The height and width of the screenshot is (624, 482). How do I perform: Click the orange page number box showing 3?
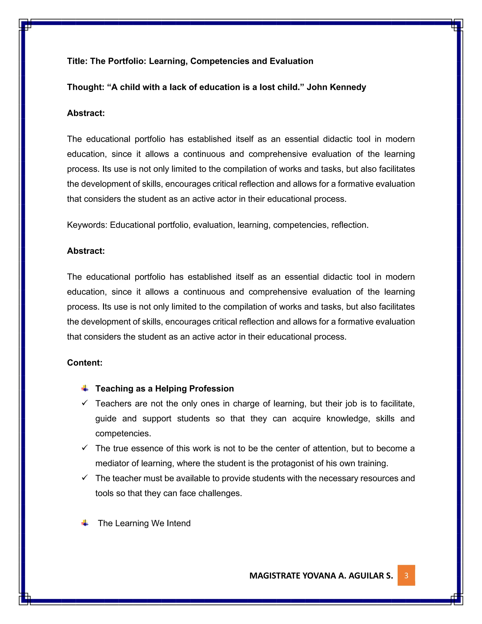(406, 575)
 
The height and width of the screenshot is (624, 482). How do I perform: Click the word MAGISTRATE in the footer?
(274, 575)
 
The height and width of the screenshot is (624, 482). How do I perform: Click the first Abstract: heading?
(86, 113)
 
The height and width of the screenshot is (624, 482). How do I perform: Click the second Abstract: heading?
(86, 251)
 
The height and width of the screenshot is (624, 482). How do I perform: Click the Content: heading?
(84, 363)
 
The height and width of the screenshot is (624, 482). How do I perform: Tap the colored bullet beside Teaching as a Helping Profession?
(85, 388)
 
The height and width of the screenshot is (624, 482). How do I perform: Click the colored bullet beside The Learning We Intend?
(85, 523)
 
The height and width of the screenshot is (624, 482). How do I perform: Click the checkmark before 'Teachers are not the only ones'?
(84, 403)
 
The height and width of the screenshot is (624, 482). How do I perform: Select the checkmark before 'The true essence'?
(84, 448)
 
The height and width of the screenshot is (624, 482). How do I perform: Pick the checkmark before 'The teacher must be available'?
(84, 478)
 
